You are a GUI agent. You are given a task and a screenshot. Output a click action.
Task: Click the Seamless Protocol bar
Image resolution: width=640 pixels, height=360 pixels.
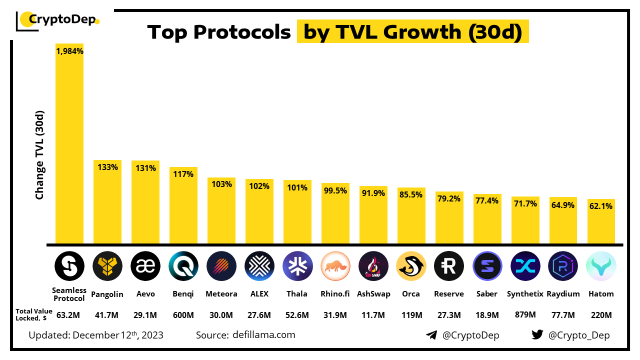click(x=69, y=145)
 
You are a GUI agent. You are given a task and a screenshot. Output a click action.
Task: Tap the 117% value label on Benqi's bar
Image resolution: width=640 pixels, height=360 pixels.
click(x=183, y=174)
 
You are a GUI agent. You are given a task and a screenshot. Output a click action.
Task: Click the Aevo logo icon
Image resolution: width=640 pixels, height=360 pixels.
click(x=145, y=266)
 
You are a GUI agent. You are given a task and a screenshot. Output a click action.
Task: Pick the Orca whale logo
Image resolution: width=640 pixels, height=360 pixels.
click(x=411, y=266)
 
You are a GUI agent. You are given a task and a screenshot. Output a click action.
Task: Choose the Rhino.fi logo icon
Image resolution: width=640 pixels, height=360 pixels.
click(x=335, y=266)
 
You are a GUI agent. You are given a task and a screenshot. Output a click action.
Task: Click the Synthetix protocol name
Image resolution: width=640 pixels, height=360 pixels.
click(x=525, y=294)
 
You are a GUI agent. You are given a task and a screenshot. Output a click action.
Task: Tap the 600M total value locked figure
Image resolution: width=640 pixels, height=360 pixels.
click(x=183, y=315)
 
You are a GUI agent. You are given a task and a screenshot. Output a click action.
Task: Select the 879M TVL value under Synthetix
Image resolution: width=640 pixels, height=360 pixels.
click(x=525, y=315)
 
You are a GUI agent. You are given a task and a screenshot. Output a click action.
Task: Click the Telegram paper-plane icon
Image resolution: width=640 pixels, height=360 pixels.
click(x=431, y=335)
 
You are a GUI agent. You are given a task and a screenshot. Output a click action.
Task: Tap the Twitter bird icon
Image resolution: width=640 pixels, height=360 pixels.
click(x=537, y=335)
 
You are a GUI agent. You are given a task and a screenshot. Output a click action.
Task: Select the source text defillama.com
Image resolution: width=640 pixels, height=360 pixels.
click(x=263, y=334)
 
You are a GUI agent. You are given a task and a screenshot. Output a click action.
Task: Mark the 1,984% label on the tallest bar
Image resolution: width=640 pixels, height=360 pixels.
click(x=69, y=51)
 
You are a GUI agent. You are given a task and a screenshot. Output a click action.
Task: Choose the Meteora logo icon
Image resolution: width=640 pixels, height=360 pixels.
click(x=221, y=266)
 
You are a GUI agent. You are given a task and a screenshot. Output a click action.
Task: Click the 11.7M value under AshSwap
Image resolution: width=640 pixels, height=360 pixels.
click(x=373, y=315)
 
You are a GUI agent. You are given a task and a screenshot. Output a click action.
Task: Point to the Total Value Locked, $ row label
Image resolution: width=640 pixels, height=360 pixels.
click(x=34, y=314)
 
